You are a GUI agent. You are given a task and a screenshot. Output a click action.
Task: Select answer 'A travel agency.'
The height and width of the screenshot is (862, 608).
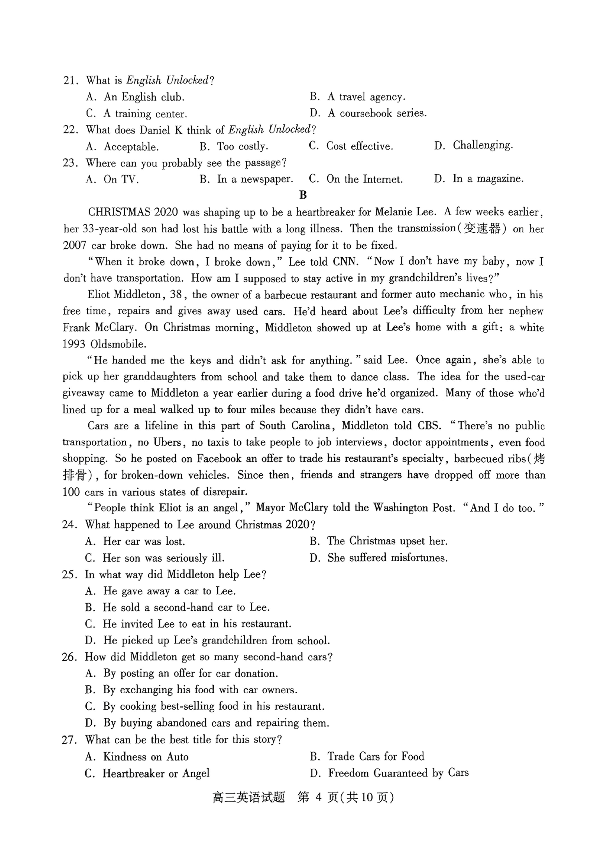point(366,97)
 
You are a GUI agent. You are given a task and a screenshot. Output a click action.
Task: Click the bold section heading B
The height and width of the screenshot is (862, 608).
point(303,195)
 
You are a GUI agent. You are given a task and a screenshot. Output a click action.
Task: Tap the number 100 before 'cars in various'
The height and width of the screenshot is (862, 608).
point(71,492)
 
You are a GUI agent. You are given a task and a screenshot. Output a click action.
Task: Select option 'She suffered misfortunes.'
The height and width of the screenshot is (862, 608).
point(387,558)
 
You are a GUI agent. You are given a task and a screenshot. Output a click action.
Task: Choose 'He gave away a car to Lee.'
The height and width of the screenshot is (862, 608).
point(169,591)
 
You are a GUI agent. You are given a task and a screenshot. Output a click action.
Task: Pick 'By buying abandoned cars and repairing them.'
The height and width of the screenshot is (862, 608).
point(216,723)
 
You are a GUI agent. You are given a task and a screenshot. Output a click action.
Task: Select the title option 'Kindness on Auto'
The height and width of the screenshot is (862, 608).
point(146,756)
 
